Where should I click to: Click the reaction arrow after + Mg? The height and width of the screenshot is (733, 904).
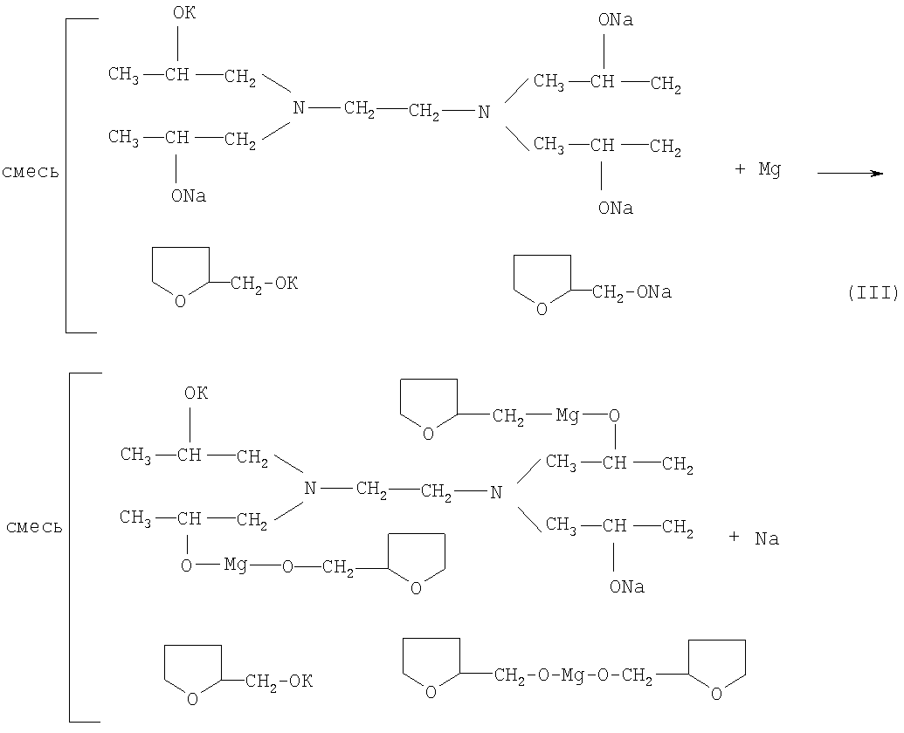click(850, 173)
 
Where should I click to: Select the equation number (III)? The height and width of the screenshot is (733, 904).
click(873, 293)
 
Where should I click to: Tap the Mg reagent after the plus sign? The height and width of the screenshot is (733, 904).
click(769, 170)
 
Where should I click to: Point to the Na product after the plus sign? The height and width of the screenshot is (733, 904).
click(767, 539)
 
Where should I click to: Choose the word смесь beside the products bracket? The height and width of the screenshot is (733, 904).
click(33, 527)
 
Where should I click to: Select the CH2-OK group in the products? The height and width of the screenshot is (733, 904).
click(279, 681)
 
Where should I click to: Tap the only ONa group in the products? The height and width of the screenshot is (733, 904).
click(627, 587)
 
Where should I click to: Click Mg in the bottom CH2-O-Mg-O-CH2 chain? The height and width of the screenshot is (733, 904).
click(572, 675)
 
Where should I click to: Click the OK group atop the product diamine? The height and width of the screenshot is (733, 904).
click(196, 394)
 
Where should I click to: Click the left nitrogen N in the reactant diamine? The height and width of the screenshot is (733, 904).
click(299, 108)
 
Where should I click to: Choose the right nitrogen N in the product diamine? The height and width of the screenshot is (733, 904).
click(496, 493)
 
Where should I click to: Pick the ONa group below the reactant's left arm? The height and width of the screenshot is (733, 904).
click(189, 196)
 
